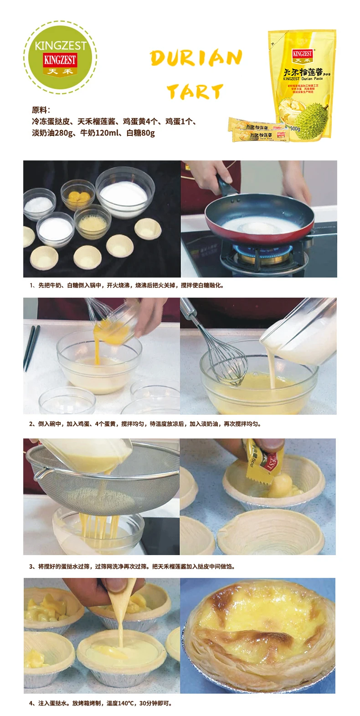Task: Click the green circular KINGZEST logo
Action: click(60, 57)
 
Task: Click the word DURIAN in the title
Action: click(196, 58)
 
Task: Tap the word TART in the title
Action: click(195, 92)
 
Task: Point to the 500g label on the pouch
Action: click(295, 129)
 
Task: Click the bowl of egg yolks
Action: click(78, 197)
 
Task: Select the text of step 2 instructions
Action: click(145, 424)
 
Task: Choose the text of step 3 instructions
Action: click(132, 567)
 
